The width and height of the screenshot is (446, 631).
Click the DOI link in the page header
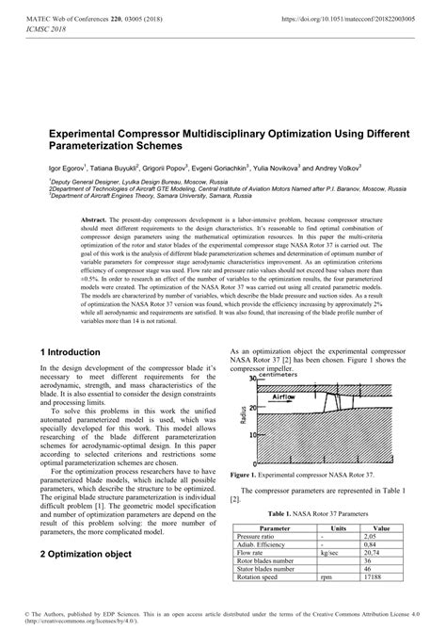tap(357, 17)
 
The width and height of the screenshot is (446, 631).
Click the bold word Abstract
tap(97, 218)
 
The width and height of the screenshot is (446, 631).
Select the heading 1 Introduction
tap(72, 352)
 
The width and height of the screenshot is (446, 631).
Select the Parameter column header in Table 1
tap(274, 528)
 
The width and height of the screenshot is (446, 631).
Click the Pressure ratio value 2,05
tap(374, 537)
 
